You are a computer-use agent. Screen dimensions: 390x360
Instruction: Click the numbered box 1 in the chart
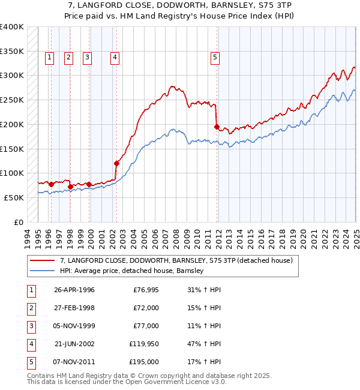tap(49, 58)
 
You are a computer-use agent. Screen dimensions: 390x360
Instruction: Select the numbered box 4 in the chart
tap(114, 58)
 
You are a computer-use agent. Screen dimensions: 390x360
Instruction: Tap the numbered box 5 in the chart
tap(215, 58)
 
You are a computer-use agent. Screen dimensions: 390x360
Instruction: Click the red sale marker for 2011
tap(217, 127)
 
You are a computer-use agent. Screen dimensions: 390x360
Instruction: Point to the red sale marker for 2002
tap(116, 163)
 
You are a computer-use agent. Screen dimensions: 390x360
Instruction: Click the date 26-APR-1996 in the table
tap(74, 290)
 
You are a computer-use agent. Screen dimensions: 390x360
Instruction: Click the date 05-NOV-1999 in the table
tap(74, 326)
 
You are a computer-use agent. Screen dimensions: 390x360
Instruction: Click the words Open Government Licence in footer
tap(170, 382)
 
